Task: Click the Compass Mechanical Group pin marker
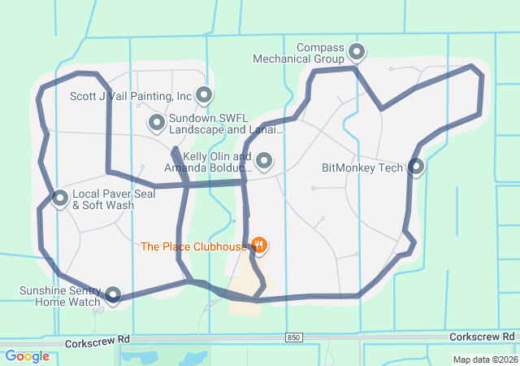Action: (357, 53)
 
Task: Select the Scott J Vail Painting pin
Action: (203, 95)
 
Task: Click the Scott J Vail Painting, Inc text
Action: (131, 96)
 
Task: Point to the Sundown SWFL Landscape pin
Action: (157, 123)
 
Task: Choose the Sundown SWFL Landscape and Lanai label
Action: (226, 124)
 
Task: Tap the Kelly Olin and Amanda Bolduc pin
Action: (264, 161)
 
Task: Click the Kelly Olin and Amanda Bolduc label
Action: (207, 162)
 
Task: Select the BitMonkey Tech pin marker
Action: (416, 167)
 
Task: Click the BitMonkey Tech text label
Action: (362, 168)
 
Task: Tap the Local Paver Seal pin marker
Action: (60, 198)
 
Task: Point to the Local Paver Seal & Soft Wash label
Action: (103, 200)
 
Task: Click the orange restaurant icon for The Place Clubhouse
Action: (259, 244)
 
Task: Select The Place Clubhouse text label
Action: (193, 246)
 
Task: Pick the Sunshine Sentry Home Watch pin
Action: (113, 294)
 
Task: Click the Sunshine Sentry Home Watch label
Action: (61, 296)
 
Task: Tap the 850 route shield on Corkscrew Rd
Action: (292, 337)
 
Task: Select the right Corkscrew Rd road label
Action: (483, 336)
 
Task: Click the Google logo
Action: (27, 355)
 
